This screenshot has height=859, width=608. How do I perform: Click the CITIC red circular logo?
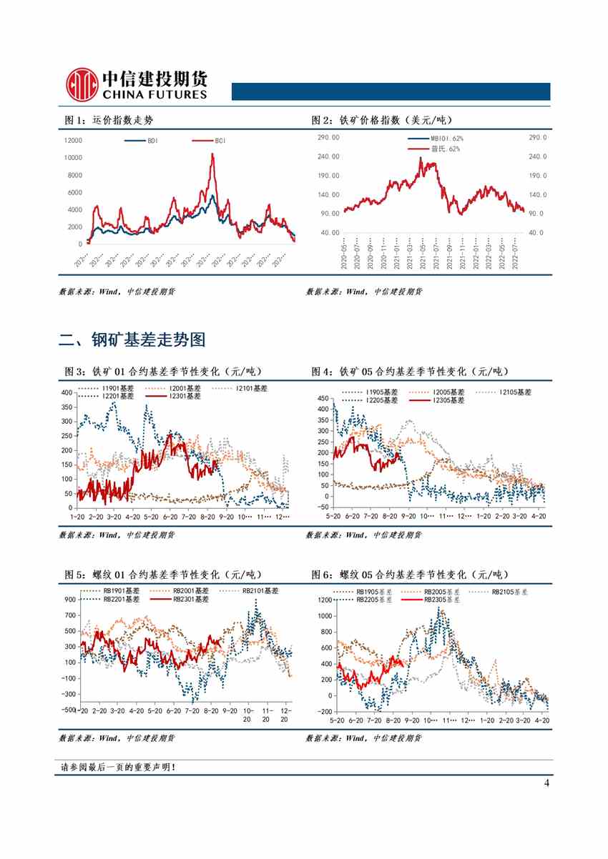coord(81,85)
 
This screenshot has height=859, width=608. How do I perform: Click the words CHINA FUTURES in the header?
coord(155,94)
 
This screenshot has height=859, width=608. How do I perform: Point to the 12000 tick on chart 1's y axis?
coord(73,140)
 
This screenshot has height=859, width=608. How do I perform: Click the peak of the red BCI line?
coord(212,154)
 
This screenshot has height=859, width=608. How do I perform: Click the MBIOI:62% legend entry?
coord(436,138)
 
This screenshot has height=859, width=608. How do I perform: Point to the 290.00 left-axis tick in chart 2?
coord(328,137)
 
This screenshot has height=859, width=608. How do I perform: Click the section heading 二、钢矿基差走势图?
coord(132,340)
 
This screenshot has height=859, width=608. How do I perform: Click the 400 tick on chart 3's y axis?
coord(67,393)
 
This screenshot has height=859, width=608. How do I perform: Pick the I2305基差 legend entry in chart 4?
coord(436,401)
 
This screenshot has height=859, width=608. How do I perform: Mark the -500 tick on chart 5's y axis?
coord(68,710)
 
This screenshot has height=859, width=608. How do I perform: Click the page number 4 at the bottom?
coord(546,783)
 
